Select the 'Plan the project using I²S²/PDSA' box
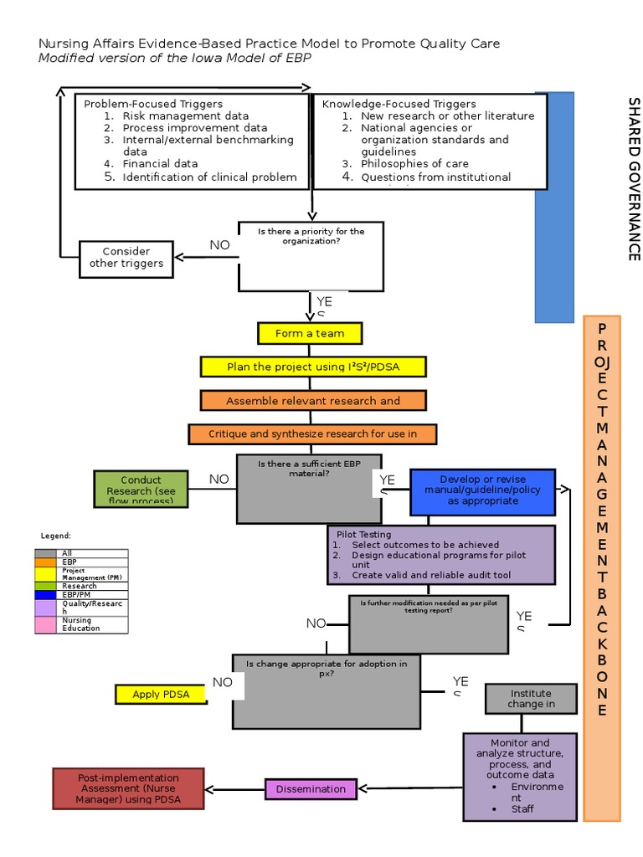313,367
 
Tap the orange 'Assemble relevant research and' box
313,401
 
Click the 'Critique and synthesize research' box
312,434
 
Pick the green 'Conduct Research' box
141,490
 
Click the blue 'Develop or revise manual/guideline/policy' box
482,491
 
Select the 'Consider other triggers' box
126,258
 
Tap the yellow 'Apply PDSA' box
161,694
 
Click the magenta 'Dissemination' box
310,788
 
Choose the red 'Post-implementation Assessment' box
128,788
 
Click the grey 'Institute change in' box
531,699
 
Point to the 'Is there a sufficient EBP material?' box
309,488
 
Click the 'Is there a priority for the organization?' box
311,254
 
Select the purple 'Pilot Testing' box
441,554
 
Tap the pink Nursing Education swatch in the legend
46,624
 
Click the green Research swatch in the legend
46,586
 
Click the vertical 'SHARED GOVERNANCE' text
634,179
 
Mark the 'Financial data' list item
160,164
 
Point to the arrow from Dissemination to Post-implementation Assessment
235,788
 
